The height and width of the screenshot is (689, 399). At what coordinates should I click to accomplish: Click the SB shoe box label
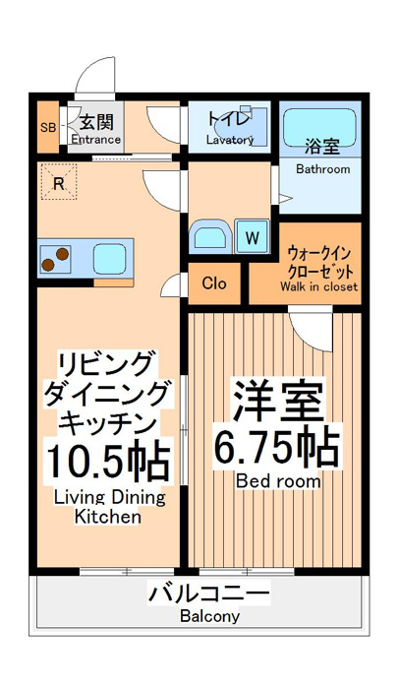(48, 127)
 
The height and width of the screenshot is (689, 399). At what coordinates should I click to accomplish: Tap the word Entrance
(96, 140)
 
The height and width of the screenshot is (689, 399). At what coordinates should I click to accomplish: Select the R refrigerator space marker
(59, 182)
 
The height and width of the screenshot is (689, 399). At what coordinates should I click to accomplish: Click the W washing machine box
(252, 237)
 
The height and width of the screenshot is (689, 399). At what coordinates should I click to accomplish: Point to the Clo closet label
(214, 283)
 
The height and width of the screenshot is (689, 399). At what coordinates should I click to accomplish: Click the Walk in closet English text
(319, 286)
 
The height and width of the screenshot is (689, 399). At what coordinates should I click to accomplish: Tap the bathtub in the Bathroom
(319, 127)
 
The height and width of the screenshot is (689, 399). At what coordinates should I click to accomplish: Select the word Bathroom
(323, 169)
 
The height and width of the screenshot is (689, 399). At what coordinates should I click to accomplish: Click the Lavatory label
(230, 140)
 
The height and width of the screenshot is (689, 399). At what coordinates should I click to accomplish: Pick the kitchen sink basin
(110, 259)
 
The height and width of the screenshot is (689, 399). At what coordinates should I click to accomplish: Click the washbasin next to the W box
(210, 236)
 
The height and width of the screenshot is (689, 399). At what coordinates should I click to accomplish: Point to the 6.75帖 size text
(277, 448)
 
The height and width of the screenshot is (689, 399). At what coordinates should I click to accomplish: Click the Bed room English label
(278, 481)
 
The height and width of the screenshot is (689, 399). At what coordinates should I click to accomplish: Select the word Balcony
(209, 616)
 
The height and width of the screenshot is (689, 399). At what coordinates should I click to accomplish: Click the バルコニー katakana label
(208, 595)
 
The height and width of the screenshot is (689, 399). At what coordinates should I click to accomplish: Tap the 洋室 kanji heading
(277, 402)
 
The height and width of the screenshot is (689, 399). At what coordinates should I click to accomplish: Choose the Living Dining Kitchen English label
(109, 507)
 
